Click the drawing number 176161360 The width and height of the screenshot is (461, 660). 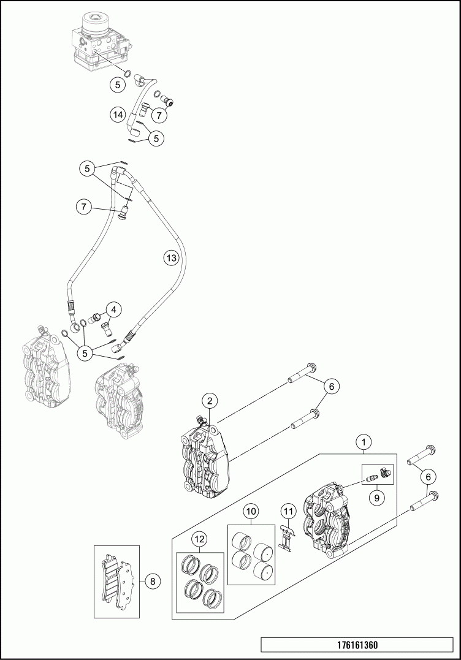(357, 645)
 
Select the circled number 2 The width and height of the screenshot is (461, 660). (210, 401)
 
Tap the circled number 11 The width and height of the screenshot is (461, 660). (288, 510)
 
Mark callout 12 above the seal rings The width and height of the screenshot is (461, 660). (199, 539)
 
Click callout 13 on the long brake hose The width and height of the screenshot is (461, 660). (172, 258)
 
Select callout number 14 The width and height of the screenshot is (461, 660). (118, 114)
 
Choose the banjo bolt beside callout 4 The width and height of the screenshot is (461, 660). (96, 318)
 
